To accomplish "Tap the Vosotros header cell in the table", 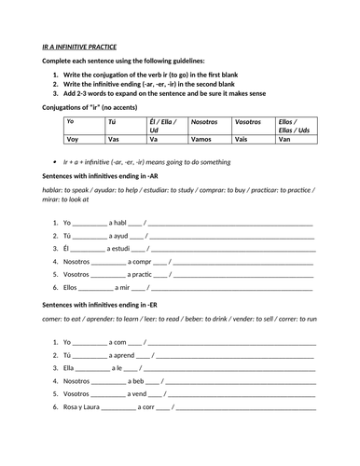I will point(248,121).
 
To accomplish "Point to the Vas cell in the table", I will point(114,139).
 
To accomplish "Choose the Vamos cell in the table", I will point(201,139).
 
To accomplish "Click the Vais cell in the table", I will point(242,139).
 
